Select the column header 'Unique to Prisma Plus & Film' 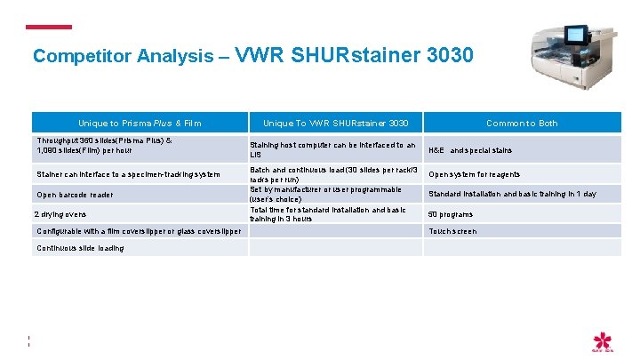click(x=140, y=123)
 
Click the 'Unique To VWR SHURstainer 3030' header click(x=336, y=123)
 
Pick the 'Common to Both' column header click(x=522, y=123)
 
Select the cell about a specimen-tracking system click(x=128, y=174)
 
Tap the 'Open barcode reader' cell click(x=75, y=194)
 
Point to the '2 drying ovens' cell click(x=61, y=214)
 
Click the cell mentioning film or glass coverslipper click(x=138, y=231)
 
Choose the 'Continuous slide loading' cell click(x=80, y=248)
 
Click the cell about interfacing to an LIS click(x=332, y=149)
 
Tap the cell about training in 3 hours click(x=328, y=213)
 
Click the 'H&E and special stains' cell click(x=470, y=150)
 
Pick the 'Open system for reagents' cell click(x=475, y=174)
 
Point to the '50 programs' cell click(x=451, y=214)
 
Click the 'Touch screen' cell click(x=452, y=231)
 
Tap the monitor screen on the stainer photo click(x=576, y=35)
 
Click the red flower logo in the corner click(x=604, y=341)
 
